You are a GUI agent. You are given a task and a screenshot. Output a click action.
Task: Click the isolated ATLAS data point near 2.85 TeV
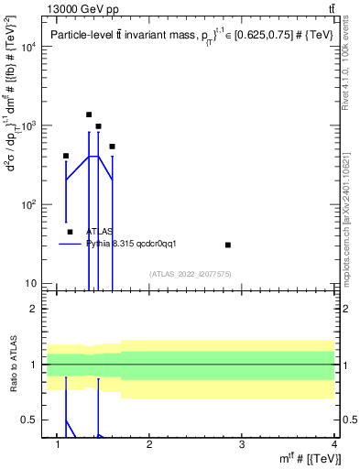pyautogui.click(x=228, y=245)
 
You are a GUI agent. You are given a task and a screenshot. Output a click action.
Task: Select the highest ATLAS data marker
pyautogui.click(x=89, y=115)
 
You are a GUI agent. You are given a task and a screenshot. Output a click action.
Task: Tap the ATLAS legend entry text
pyautogui.click(x=100, y=232)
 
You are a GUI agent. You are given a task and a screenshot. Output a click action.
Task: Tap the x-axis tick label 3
pyautogui.click(x=241, y=445)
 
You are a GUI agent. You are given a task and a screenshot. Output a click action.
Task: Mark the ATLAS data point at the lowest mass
pyautogui.click(x=66, y=156)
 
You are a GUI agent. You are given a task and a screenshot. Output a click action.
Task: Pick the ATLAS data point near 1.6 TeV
pyautogui.click(x=112, y=146)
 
